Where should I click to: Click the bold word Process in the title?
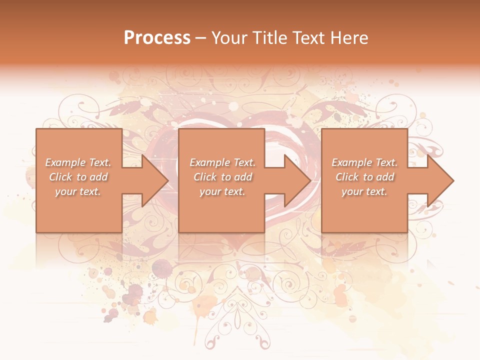(x=157, y=38)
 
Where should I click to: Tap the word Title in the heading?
(x=270, y=38)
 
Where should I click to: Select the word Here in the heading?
(x=348, y=38)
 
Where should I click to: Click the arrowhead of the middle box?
(x=297, y=180)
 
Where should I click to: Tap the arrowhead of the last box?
(x=440, y=180)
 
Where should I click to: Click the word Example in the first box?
(x=65, y=162)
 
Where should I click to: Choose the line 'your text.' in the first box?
(x=77, y=191)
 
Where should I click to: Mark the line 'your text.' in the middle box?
(x=222, y=191)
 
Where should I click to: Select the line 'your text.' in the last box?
(x=364, y=191)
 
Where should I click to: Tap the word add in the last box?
(x=385, y=177)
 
